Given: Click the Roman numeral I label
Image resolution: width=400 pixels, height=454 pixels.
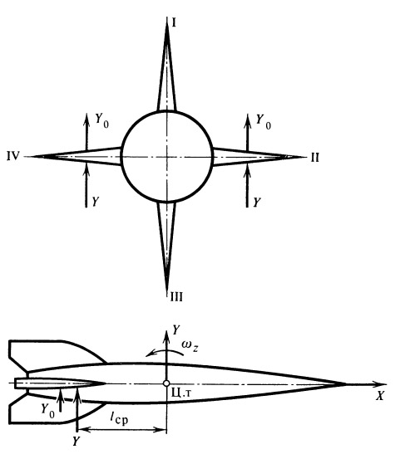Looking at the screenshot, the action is coord(174,22).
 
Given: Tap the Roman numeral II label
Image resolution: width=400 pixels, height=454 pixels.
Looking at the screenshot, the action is coord(315,158).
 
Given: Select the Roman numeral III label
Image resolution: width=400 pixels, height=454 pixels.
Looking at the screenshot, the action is coord(176,297).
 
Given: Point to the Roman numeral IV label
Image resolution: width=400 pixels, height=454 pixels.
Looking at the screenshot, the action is coord(13,156).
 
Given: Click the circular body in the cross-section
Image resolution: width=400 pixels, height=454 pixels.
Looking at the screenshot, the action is coord(121,156).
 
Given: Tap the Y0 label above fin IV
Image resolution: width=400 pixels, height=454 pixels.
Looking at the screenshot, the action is coord(102,120).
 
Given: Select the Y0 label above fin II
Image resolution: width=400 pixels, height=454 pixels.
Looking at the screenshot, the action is coord(264,121).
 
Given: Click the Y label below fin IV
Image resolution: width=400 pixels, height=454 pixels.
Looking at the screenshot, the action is coord(96,202).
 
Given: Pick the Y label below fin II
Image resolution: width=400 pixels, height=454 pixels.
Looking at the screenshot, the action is coord(256,203).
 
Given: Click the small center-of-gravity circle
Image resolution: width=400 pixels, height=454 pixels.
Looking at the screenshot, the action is coord(166,383).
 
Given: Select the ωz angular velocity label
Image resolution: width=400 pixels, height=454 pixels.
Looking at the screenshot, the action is coord(190,346).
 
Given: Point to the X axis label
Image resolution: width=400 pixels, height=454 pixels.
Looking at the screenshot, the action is coord(380,396).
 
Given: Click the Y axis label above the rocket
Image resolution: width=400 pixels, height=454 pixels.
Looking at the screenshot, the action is coord(176,330).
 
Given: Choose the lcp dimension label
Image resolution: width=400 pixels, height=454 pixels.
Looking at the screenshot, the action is coord(119,418).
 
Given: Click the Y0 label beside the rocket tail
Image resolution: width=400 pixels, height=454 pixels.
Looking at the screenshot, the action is coord(48,411).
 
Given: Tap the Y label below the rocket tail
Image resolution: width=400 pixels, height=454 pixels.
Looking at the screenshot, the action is coord(76,441).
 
